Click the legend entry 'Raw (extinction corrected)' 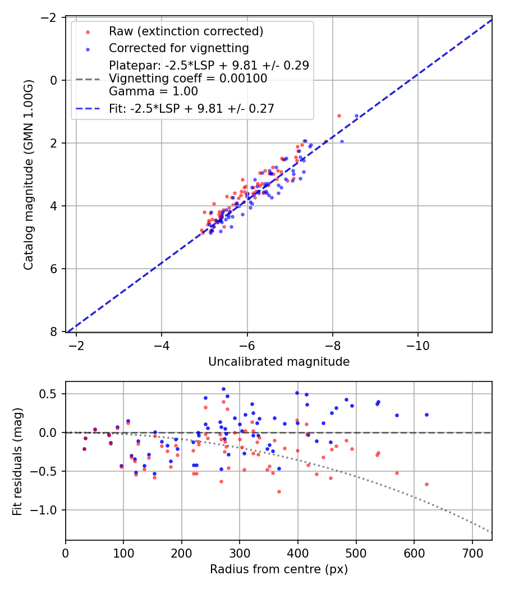pyautogui.click(x=186, y=30)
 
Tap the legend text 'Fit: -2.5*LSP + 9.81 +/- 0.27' pyautogui.click(x=191, y=109)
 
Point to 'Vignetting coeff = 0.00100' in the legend pyautogui.click(x=188, y=79)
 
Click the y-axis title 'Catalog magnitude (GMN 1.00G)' pyautogui.click(x=29, y=174)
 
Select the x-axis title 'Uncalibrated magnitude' pyautogui.click(x=279, y=362)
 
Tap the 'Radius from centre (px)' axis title pyautogui.click(x=279, y=569)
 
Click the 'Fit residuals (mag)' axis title pyautogui.click(x=17, y=461)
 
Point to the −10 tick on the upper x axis pyautogui.click(x=417, y=344)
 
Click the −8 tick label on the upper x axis pyautogui.click(x=333, y=344)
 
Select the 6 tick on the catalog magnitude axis pyautogui.click(x=54, y=269)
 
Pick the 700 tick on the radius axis pyautogui.click(x=472, y=553)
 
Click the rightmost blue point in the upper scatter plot pyautogui.click(x=356, y=116)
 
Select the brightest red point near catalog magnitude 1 pyautogui.click(x=339, y=116)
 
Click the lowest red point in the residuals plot pyautogui.click(x=279, y=491)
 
